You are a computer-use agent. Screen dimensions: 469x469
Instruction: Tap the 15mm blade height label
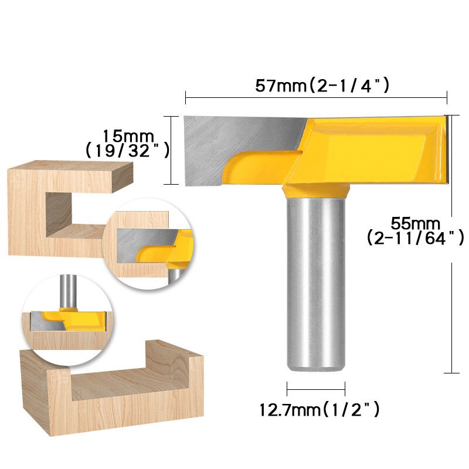point(125,135)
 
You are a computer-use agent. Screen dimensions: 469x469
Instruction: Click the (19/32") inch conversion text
point(127,151)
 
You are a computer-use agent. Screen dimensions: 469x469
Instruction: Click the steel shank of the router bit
point(315,281)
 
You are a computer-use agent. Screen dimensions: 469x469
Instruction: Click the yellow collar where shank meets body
point(315,191)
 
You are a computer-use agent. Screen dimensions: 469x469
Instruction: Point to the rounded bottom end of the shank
point(315,366)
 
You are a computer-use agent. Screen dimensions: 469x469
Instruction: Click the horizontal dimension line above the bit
point(316,97)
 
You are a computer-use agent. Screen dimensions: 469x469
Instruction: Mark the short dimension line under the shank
point(315,389)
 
